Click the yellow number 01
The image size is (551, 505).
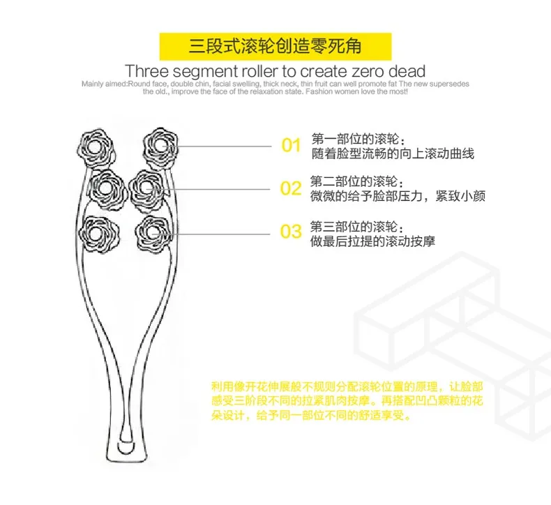(x=290, y=146)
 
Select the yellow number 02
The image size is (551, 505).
(x=290, y=188)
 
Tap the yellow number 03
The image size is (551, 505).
(x=290, y=232)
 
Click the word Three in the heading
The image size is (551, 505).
(x=147, y=72)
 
